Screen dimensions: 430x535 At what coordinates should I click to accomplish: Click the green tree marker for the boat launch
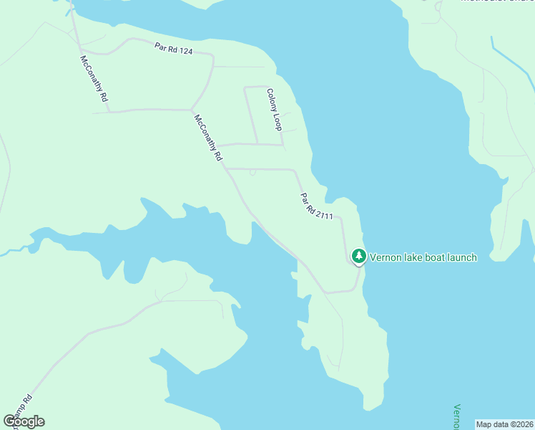click(x=358, y=257)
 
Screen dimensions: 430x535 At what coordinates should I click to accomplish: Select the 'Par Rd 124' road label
click(x=174, y=49)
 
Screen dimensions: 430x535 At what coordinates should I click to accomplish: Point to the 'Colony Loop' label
click(x=274, y=109)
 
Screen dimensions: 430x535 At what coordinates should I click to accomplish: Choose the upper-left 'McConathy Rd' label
click(x=94, y=78)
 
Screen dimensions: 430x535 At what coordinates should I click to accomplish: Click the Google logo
click(x=24, y=421)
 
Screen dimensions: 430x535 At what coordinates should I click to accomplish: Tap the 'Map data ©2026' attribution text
click(x=505, y=424)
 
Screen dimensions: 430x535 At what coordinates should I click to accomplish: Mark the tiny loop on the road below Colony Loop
click(x=252, y=172)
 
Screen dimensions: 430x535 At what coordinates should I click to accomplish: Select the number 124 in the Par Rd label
click(x=185, y=51)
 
